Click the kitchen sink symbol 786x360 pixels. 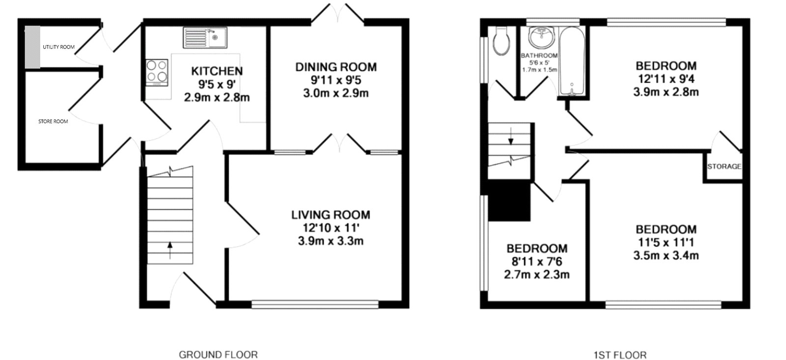205,37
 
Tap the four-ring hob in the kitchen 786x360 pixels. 157,73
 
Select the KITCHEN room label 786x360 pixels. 217,71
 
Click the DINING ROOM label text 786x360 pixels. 336,67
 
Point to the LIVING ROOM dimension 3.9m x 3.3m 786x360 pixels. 331,241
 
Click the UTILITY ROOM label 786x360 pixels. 58,47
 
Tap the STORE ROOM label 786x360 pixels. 53,121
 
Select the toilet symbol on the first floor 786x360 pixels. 501,42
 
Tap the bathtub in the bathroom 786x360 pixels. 572,61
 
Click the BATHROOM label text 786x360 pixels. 539,55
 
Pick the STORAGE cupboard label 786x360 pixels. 724,166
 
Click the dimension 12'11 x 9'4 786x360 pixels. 666,79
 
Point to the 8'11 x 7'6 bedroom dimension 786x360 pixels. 537,262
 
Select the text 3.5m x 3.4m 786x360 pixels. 666,255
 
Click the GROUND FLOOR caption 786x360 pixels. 218,354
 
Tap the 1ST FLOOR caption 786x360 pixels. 619,354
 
